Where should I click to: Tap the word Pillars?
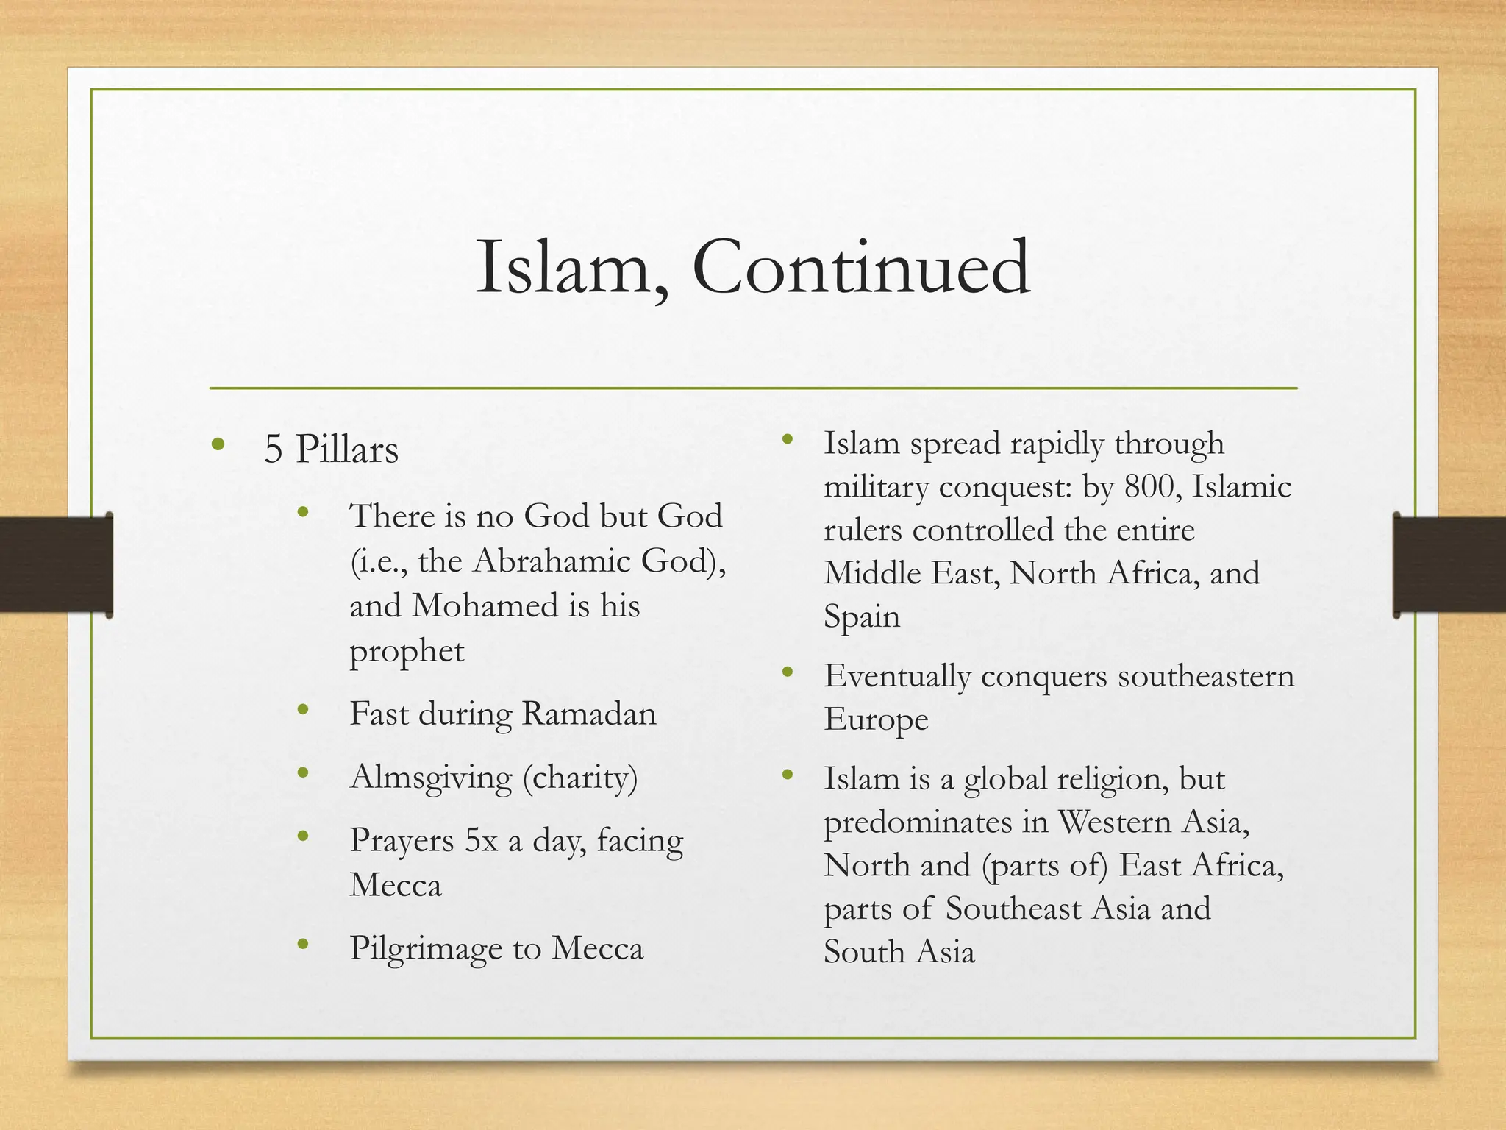pos(346,449)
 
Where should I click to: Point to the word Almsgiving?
pos(431,778)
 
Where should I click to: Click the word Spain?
pos(861,616)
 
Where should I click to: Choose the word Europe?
pos(875,719)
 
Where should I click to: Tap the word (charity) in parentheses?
pos(580,778)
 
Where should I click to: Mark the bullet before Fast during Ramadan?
pos(302,709)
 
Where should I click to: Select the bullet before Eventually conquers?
pos(788,671)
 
